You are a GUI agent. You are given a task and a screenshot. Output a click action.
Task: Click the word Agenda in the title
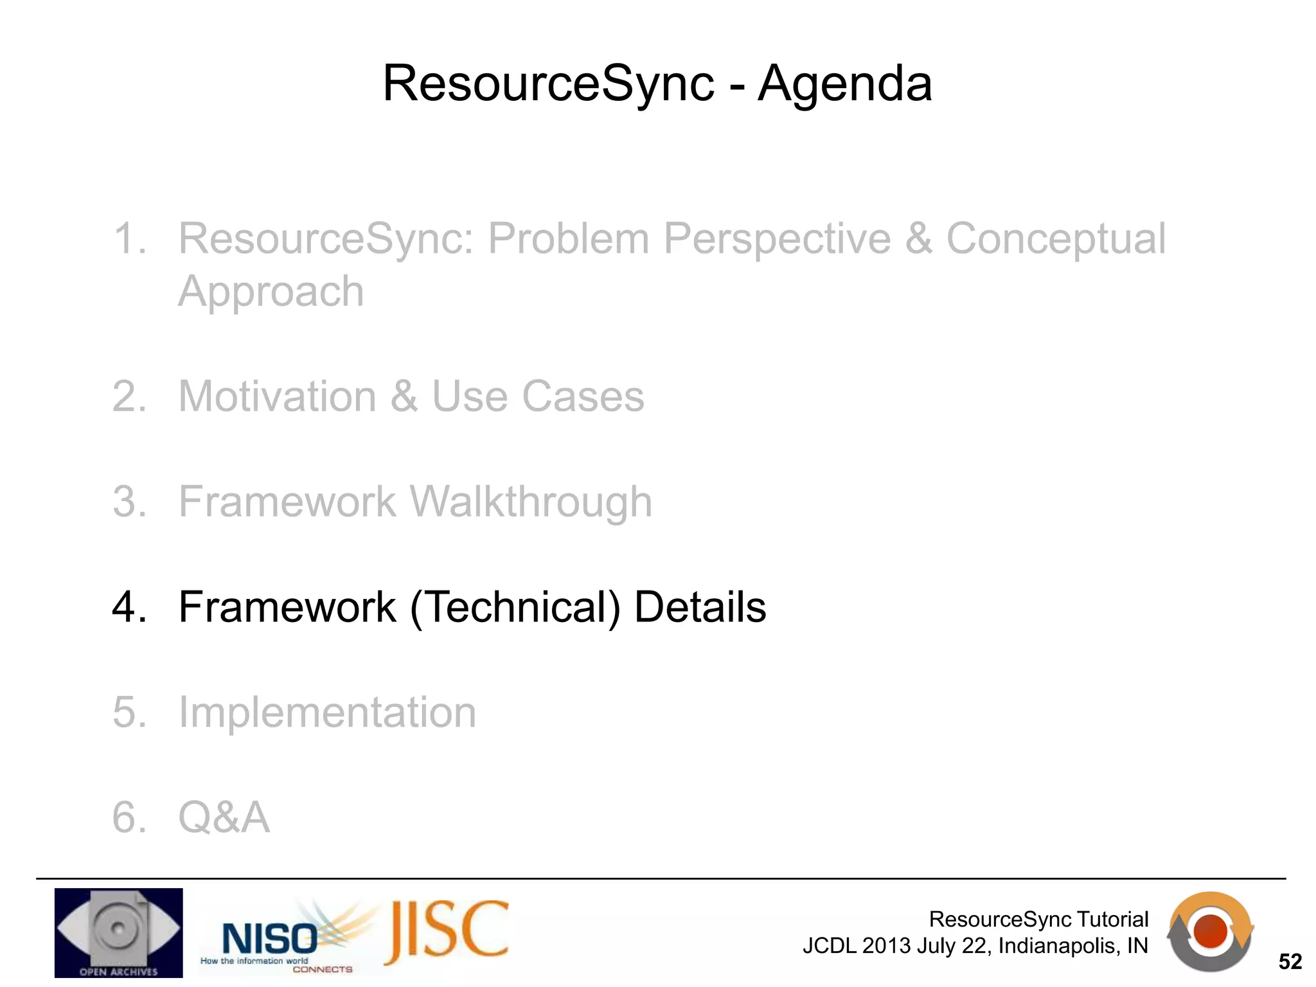coord(844,85)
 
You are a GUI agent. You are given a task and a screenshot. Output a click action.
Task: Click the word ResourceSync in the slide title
coord(548,85)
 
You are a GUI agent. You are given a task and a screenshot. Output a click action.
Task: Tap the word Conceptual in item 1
coord(1055,239)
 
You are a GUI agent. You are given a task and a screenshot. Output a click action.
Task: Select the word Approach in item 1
coord(271,292)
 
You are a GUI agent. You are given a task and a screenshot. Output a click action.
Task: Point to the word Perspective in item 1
coord(777,239)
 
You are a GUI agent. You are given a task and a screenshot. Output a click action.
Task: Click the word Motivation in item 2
coord(277,396)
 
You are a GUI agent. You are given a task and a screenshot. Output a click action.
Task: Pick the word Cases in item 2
coord(582,396)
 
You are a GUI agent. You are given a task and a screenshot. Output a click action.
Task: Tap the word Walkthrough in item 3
coord(531,502)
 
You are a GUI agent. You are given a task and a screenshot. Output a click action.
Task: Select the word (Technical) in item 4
coord(515,608)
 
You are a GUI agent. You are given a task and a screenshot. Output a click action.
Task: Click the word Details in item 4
coord(700,607)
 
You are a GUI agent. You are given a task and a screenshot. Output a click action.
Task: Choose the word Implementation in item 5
coord(327,713)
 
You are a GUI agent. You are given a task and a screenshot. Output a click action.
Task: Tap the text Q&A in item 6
coord(224,818)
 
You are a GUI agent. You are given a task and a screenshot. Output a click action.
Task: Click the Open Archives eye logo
coord(118,932)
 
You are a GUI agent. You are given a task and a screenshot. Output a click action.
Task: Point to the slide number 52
coord(1290,962)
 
